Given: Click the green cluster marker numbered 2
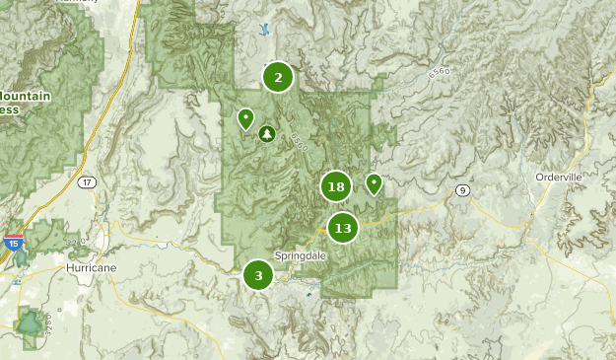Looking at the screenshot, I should [278, 77].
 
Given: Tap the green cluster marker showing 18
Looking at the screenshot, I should [336, 185].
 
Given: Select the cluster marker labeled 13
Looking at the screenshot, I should [342, 229].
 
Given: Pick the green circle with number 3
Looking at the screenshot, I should [258, 275].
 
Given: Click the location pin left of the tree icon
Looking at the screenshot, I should [245, 119].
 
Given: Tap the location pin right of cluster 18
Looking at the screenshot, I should [374, 182].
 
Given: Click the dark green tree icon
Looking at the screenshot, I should [265, 133].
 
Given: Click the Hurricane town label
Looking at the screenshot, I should [92, 267].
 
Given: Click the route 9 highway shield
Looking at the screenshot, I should [460, 189].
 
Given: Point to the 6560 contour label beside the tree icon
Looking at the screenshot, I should [300, 143].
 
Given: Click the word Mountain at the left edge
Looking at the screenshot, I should [24, 96].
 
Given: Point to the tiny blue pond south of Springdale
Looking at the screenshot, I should [309, 293].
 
